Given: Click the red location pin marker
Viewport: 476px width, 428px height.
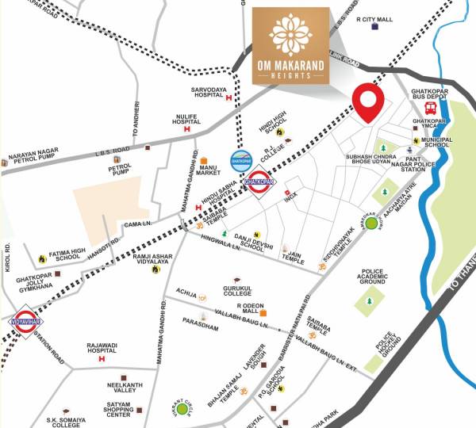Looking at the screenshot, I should (x=368, y=101).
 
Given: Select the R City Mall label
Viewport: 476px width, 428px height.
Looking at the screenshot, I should (x=375, y=18).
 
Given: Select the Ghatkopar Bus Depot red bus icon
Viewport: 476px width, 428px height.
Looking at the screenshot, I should (x=431, y=107).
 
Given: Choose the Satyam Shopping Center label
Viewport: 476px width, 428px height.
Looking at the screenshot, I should (x=118, y=410).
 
